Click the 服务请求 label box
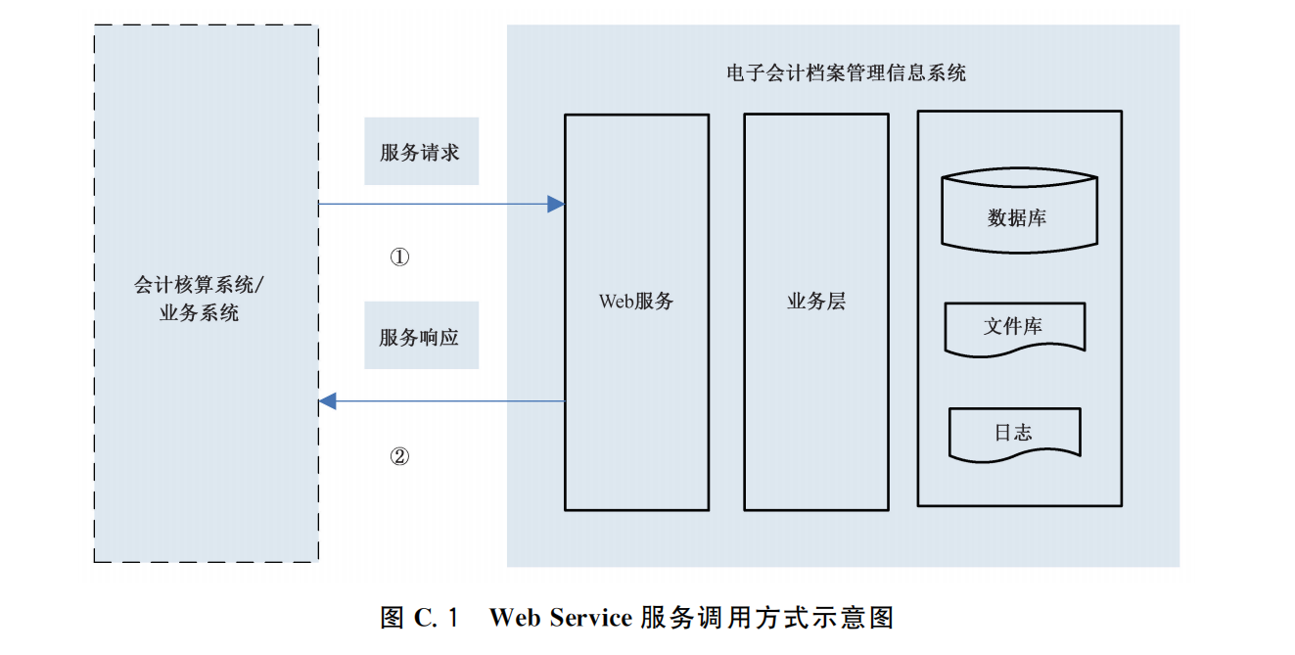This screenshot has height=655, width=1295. [421, 152]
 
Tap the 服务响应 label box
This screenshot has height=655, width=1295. [421, 336]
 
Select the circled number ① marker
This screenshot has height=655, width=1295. [399, 257]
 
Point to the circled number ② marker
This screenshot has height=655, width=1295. [399, 456]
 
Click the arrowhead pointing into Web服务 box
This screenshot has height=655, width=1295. [556, 205]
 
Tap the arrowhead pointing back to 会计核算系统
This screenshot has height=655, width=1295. [329, 400]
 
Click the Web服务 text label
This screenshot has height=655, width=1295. [636, 302]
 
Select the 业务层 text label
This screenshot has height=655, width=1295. [815, 302]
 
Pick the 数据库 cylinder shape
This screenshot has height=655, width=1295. [1018, 212]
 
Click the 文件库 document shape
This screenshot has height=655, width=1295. [1014, 327]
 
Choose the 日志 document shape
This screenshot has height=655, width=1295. [1014, 432]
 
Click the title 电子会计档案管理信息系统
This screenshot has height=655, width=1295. [846, 73]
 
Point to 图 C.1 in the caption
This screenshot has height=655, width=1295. [420, 619]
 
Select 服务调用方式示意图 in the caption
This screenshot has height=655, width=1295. [766, 619]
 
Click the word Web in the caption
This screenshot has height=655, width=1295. [515, 619]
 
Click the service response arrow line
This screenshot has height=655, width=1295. [450, 400]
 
